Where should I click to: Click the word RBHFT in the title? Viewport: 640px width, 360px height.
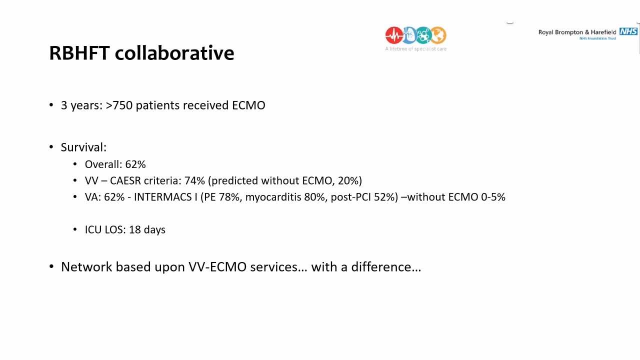point(79,53)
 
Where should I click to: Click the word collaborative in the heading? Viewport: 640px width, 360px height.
point(174,53)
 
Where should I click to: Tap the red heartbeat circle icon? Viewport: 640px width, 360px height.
point(394,35)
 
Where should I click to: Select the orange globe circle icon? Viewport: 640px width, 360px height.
point(438,35)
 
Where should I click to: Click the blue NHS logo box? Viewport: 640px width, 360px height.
point(628,31)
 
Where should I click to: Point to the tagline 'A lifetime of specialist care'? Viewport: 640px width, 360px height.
point(415,49)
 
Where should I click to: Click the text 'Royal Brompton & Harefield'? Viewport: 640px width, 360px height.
point(577,32)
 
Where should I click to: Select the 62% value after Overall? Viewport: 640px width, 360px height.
point(135,164)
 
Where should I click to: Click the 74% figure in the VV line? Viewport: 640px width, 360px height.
point(194,180)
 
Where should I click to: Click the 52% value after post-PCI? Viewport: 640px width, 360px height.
point(384,197)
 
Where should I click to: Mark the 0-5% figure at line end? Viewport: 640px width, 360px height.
point(493,197)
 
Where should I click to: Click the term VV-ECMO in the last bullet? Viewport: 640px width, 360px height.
point(217,267)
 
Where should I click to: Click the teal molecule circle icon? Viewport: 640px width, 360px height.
point(423,35)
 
